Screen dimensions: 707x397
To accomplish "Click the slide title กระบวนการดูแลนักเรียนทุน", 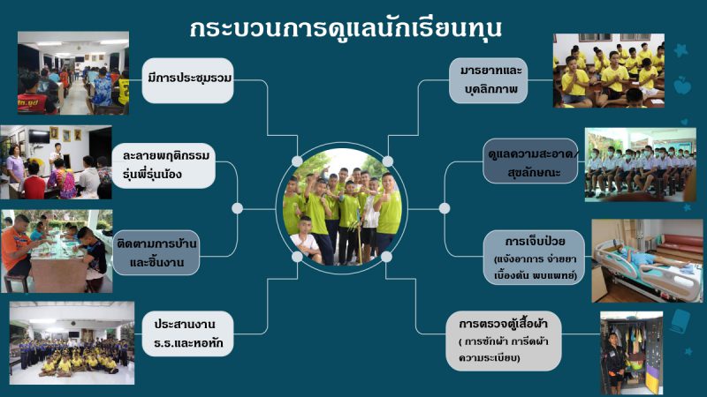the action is (346, 29).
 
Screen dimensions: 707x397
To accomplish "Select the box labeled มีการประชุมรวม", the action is (187, 80).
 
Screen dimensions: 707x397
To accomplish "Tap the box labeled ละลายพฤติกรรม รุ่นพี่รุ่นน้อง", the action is (163, 166).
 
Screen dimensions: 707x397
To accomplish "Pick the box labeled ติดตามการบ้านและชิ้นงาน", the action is (156, 252).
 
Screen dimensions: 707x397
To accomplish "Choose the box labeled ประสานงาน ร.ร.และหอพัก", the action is (187, 333).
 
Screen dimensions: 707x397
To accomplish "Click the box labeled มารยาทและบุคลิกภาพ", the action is (489, 80).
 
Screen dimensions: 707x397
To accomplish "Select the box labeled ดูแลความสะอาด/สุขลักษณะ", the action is (530, 161).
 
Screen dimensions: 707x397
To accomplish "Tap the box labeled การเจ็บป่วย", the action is (534, 258).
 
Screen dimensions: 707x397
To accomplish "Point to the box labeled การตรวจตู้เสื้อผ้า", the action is (503, 341).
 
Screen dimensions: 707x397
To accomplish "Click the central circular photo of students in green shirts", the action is (341, 208).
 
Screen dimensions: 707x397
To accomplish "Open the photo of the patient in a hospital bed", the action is (647, 260).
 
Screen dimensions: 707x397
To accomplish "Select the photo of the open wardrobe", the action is (631, 353).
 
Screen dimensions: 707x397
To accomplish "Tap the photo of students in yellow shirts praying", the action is (609, 71).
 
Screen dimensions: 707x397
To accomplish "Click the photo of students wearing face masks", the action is (640, 164).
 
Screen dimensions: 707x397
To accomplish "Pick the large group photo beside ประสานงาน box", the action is (72, 343).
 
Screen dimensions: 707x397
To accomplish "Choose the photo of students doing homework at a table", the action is (57, 251).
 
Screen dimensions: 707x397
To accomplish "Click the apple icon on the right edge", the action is (682, 85).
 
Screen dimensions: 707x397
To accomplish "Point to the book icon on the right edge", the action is (680, 320).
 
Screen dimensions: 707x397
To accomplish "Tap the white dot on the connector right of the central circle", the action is (445, 208).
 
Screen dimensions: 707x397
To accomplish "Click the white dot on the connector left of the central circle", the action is (237, 208).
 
